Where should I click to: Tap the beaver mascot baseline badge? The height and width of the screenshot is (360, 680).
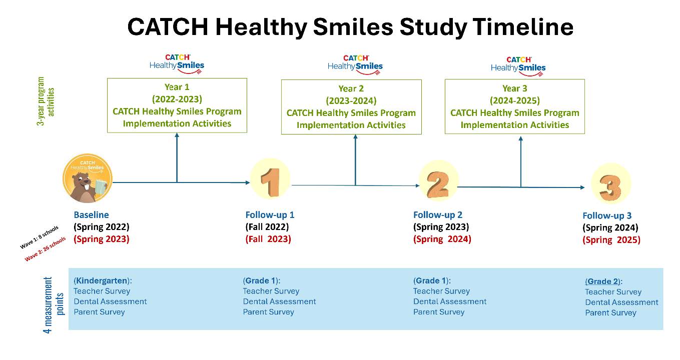coord(88,178)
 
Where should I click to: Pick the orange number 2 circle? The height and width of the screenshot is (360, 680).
coord(438,181)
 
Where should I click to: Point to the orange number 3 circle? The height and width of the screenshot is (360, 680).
coord(611,183)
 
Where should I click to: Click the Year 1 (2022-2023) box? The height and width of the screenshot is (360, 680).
coord(177,105)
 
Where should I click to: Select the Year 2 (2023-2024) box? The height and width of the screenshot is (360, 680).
coord(351,107)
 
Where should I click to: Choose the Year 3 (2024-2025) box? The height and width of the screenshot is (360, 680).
coord(515,106)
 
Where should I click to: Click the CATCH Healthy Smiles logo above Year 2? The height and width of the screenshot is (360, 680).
coord(355,64)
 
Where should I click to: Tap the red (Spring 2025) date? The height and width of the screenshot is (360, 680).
coord(611,240)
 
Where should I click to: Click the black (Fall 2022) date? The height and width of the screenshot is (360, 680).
coord(267,227)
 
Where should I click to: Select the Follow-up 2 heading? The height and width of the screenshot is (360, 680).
coord(438,214)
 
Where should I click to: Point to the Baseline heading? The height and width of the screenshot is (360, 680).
coord(91,214)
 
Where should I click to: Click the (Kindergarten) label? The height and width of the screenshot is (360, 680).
coord(103,280)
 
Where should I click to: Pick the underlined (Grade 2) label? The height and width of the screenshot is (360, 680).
coord(603,281)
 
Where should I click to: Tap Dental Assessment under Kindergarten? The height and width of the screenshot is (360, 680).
coord(110,301)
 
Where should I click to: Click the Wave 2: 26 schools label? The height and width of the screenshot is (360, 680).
coord(45,249)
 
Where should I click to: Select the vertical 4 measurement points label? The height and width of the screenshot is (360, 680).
coord(54,305)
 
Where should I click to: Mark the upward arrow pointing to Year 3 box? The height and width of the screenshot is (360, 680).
coord(521,161)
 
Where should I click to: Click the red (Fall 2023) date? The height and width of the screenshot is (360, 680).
coord(268,239)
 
